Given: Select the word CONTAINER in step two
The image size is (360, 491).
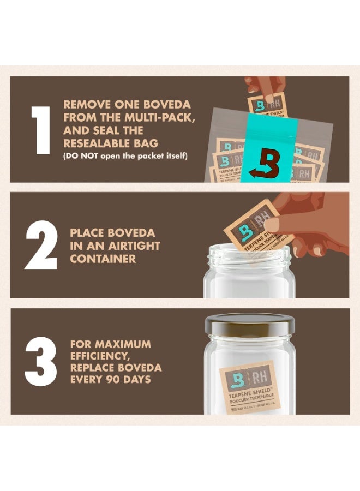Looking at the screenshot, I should pos(103,259).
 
